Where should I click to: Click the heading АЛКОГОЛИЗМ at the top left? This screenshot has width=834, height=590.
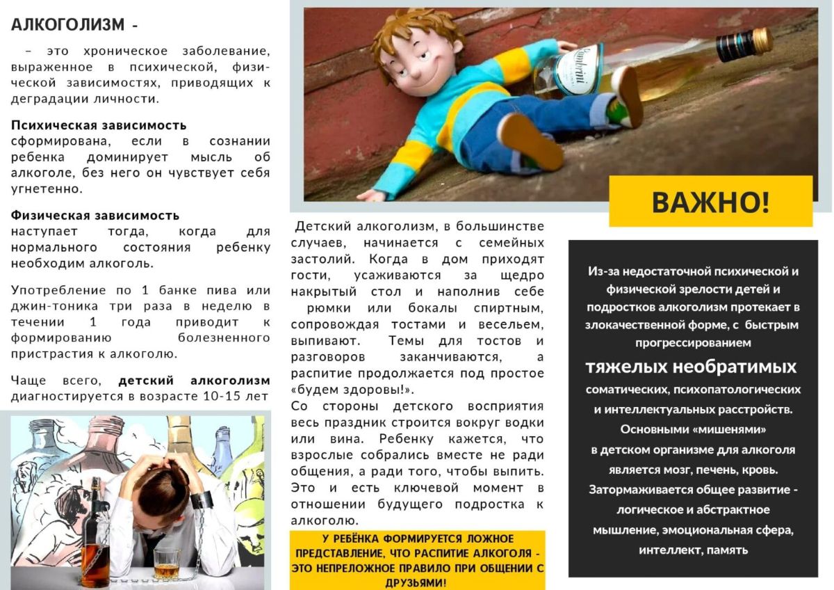tap(67, 24)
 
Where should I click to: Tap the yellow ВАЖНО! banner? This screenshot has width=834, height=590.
tap(710, 202)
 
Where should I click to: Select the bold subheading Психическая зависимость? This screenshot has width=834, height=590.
tap(99, 125)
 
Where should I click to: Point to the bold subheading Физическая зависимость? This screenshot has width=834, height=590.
tap(95, 215)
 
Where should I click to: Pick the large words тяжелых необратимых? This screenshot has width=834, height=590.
tap(691, 367)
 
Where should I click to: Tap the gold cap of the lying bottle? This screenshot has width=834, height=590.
tap(762, 40)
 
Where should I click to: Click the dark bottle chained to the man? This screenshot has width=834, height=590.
tap(95, 536)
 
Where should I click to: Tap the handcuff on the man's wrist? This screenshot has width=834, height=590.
tap(202, 500)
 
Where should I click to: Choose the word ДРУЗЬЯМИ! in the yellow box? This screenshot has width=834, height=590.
tap(417, 582)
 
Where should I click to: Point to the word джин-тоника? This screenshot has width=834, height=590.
tap(49, 306)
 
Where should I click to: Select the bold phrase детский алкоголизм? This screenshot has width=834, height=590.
tap(194, 381)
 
